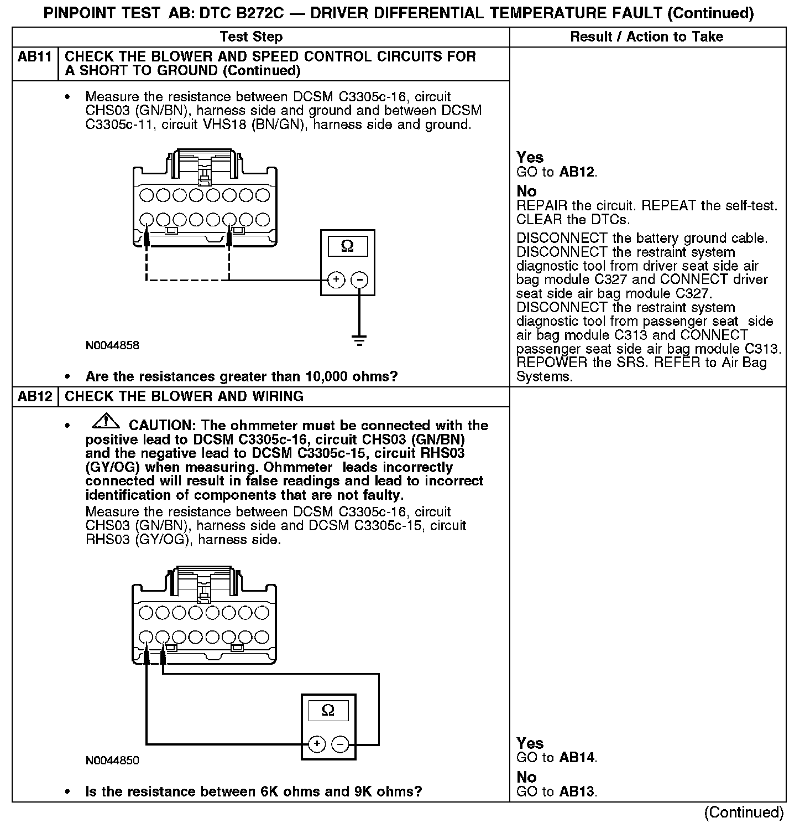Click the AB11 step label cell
click(34, 57)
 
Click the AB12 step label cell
click(34, 397)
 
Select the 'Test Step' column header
click(251, 37)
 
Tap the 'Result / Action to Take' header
click(646, 37)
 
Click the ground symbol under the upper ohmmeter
click(359, 340)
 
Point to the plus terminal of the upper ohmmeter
click(336, 280)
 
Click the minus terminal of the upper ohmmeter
click(359, 280)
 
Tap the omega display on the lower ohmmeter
click(328, 711)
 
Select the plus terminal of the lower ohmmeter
click(316, 744)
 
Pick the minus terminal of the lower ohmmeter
click(341, 744)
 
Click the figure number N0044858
click(112, 345)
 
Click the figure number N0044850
click(112, 760)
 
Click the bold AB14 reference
click(577, 758)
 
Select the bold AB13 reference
click(577, 792)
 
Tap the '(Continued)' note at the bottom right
click(744, 813)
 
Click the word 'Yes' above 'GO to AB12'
click(530, 158)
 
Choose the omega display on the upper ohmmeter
click(347, 246)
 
